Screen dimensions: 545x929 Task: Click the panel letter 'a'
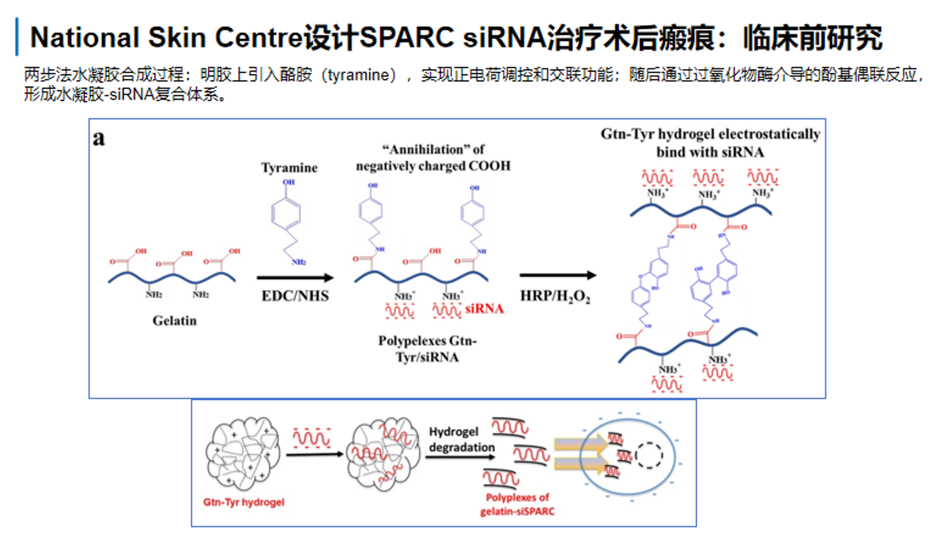(99, 138)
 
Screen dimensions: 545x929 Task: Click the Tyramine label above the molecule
(289, 167)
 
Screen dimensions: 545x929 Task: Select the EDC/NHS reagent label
(295, 296)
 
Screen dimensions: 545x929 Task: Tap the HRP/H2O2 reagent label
(555, 297)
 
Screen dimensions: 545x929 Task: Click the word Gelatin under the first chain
(174, 321)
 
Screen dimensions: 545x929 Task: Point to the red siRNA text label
(484, 309)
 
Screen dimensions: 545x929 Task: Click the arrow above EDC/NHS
(295, 278)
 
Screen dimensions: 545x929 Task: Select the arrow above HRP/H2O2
(558, 275)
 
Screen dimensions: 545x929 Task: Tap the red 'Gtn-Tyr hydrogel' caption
(244, 502)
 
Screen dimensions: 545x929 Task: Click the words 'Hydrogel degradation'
(461, 439)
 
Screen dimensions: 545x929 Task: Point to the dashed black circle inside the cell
(649, 455)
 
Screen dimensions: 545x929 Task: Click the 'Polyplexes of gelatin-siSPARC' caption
(517, 504)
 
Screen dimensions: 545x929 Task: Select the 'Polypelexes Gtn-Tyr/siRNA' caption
(427, 349)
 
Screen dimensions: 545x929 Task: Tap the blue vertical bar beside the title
(17, 36)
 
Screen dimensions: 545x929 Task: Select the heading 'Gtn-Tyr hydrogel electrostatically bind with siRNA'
(710, 143)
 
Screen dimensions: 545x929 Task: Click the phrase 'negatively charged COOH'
(433, 166)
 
